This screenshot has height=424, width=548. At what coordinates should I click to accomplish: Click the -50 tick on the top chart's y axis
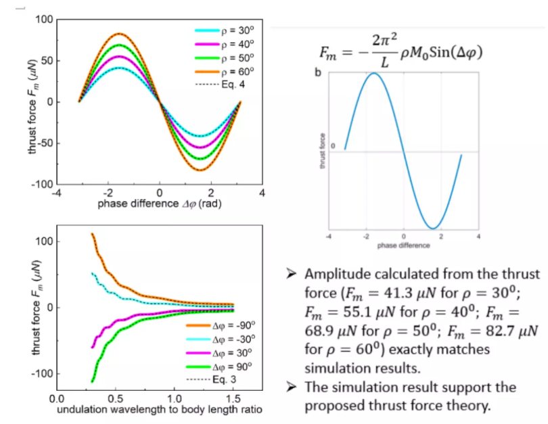42,143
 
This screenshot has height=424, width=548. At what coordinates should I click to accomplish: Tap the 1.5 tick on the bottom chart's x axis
233,399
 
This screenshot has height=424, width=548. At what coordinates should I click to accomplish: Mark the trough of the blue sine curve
432,228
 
